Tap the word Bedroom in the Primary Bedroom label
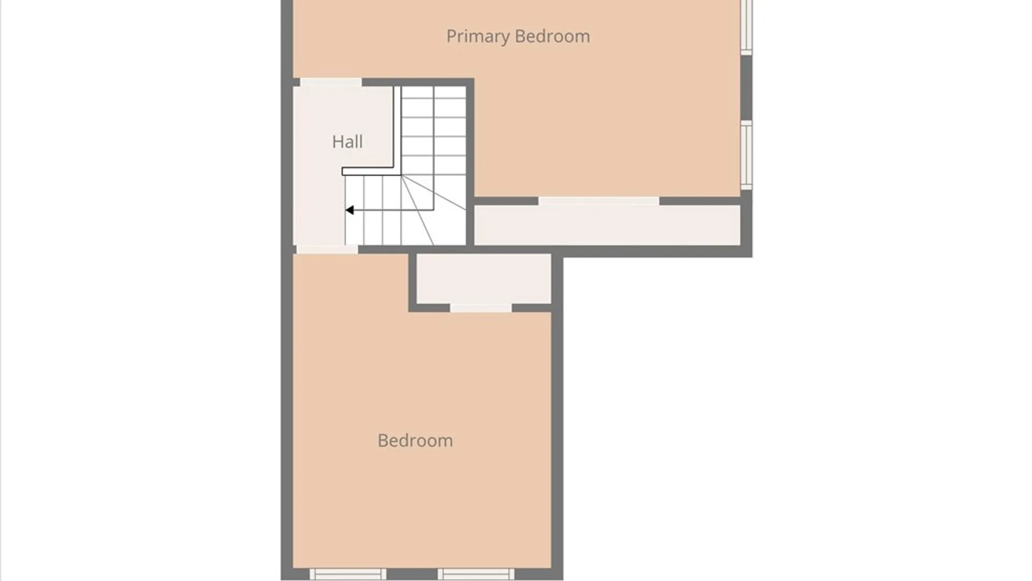pos(553,36)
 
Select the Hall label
pos(347,141)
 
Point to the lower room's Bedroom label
pos(415,441)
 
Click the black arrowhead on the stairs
pos(349,210)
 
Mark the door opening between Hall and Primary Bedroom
pos(331,82)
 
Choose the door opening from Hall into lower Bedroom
pos(327,250)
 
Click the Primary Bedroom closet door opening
pos(599,201)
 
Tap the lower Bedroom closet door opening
pos(481,308)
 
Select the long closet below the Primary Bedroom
pos(607,225)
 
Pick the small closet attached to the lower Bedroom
pos(484,279)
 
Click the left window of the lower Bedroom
pos(348,574)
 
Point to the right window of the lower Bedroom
pos(476,574)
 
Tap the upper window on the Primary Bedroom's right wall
pos(746,27)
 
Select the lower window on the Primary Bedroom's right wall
pos(746,155)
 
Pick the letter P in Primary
pos(451,36)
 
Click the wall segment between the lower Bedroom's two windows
pos(412,574)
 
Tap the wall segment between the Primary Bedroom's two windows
pos(746,87)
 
